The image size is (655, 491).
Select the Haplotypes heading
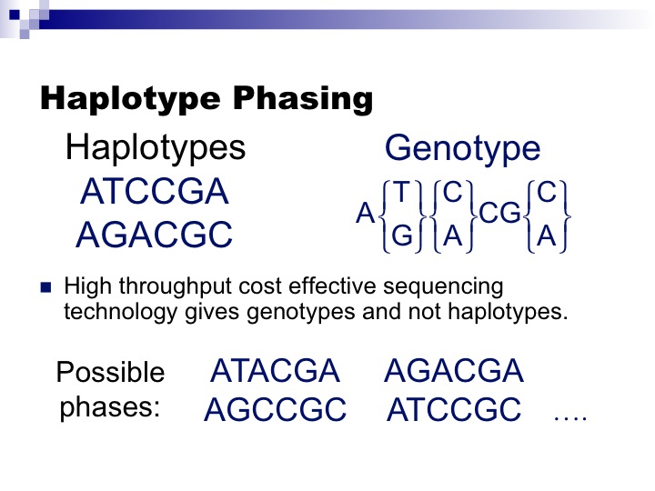click(156, 148)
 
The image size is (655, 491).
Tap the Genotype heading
click(462, 148)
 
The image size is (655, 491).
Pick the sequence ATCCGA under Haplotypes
click(155, 192)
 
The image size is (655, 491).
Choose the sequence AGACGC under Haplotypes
click(155, 235)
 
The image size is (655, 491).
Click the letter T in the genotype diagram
click(402, 193)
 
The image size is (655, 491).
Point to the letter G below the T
click(402, 235)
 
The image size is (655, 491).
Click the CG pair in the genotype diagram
click(499, 215)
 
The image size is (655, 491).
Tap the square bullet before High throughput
click(46, 288)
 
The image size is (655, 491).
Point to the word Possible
click(111, 373)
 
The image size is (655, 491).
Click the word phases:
click(110, 406)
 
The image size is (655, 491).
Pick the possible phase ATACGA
click(274, 371)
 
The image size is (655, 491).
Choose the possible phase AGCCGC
click(275, 410)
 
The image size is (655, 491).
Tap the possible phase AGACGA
click(454, 371)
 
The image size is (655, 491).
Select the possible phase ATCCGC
click(454, 410)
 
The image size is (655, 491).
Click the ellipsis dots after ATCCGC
click(570, 417)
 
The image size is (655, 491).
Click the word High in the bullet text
click(85, 287)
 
